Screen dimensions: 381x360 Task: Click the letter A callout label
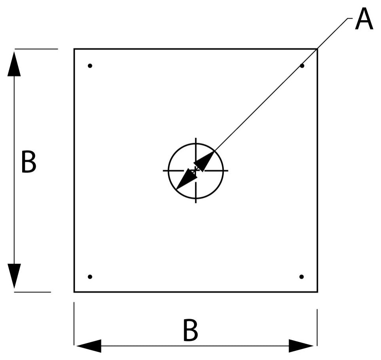click(364, 19)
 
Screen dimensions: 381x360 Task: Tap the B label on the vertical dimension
click(29, 162)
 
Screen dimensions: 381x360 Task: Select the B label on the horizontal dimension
click(190, 331)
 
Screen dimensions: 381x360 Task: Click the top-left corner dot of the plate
click(90, 65)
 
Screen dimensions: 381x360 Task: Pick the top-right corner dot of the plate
click(302, 65)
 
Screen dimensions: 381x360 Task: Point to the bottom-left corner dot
click(90, 277)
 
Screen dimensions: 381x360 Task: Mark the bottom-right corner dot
click(301, 277)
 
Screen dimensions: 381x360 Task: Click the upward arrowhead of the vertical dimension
click(14, 64)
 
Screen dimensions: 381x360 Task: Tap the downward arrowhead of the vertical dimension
click(14, 276)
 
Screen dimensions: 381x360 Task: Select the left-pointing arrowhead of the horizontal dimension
click(89, 346)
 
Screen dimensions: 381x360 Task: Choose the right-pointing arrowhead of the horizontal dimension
click(301, 346)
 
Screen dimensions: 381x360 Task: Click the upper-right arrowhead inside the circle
click(204, 161)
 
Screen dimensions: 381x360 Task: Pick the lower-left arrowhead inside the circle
click(187, 179)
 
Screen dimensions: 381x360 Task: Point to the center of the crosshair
click(196, 170)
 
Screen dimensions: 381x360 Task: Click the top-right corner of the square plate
click(317, 49)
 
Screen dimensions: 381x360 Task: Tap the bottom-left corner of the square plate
click(74, 292)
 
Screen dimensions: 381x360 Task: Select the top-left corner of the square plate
click(74, 49)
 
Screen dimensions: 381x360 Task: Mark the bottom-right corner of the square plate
click(317, 292)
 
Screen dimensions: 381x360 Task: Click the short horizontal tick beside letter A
click(350, 18)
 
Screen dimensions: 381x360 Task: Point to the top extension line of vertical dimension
click(36, 49)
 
